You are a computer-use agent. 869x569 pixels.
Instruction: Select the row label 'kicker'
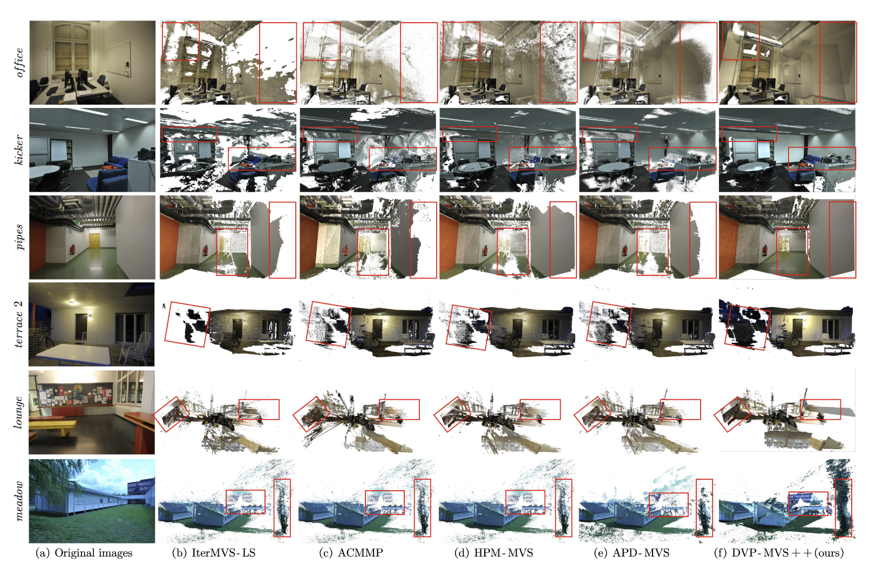[x=18, y=150]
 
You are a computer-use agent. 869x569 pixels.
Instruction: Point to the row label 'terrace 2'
[x=18, y=324]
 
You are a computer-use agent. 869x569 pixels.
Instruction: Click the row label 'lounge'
[x=18, y=412]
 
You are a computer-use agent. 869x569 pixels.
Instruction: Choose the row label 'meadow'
[x=18, y=500]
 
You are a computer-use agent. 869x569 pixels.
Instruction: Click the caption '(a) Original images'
[x=84, y=553]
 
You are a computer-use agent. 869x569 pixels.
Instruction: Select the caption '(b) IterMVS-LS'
[x=214, y=553]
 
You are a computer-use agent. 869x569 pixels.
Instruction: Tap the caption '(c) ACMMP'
[x=351, y=553]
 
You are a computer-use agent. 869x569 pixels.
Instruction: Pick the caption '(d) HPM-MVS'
[x=493, y=553]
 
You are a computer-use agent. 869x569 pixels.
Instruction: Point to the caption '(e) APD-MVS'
[x=632, y=553]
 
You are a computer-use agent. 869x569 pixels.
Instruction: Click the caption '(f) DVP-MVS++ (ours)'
[x=779, y=553]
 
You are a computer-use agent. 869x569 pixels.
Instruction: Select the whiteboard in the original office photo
[x=118, y=59]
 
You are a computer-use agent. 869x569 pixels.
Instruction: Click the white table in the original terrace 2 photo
[x=74, y=354]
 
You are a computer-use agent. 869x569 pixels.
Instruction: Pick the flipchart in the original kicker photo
[x=58, y=150]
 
